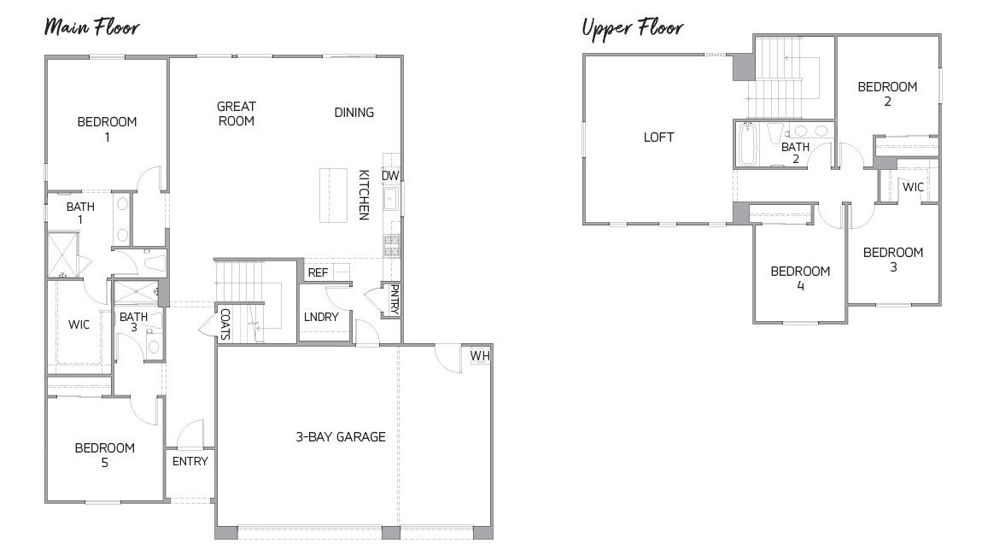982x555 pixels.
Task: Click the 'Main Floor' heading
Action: [91, 26]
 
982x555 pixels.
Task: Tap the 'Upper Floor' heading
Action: [632, 28]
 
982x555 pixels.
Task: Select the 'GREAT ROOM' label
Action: [236, 114]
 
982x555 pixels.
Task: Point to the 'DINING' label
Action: [354, 113]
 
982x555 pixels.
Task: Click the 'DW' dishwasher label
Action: [390, 176]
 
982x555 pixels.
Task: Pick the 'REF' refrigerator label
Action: [318, 273]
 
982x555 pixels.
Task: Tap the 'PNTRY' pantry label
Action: [393, 301]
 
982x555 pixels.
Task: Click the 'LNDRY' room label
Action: [321, 317]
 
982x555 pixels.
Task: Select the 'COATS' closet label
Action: [225, 324]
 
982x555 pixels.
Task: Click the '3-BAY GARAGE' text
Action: [341, 437]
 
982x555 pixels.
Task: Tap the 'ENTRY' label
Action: [190, 462]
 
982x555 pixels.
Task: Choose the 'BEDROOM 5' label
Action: [104, 455]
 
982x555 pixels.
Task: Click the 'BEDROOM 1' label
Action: [107, 129]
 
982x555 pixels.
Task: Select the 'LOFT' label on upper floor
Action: [658, 137]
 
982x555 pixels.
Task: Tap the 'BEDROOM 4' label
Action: [800, 278]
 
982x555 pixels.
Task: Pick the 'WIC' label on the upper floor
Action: [913, 187]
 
